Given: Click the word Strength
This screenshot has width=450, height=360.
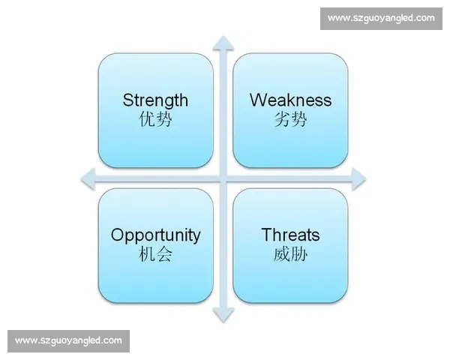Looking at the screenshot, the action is tap(155, 100).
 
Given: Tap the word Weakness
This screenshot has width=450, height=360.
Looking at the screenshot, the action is tap(290, 100).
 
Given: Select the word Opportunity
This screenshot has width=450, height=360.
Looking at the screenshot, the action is tap(155, 236).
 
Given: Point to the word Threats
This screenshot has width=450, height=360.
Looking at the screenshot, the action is tap(290, 235).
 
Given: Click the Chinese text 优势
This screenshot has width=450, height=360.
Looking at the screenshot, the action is tap(155, 119).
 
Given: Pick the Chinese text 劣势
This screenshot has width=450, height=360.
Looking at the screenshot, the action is tap(290, 119).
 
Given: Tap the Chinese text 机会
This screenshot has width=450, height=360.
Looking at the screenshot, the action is tap(155, 254).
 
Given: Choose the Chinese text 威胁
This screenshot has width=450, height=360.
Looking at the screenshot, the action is tap(290, 254).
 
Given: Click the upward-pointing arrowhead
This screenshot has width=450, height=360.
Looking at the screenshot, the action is tap(223, 43).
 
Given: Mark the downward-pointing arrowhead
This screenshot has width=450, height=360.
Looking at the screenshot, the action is tap(223, 315).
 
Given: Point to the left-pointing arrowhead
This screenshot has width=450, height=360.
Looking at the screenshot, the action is tap(88, 179).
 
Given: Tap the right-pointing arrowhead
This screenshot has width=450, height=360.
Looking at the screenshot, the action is tap(358, 179).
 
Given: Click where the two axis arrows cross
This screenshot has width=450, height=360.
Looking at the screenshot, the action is tap(223, 179).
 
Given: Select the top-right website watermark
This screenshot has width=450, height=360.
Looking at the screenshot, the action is tap(381, 18).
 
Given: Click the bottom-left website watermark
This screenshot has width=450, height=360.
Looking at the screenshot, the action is tap(68, 341).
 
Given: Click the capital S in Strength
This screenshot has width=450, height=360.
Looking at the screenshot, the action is tap(128, 100).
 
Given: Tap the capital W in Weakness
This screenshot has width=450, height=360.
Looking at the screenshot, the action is tap(259, 100).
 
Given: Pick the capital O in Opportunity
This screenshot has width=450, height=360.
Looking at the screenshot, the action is tap(118, 235).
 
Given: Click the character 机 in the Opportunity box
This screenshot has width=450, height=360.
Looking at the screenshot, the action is tap(147, 254).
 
